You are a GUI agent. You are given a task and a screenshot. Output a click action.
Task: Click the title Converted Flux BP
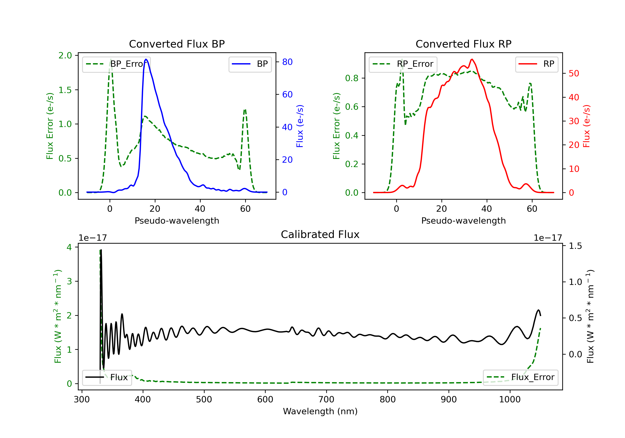point(177,44)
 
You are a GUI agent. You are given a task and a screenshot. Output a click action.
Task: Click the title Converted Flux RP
point(463,44)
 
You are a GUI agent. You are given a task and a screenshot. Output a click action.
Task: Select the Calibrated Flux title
point(320,234)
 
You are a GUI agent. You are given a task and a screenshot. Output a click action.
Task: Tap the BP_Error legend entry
point(116,64)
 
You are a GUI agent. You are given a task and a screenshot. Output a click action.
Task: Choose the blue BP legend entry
point(250,64)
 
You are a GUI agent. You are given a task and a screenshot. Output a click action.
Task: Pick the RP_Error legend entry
point(403,64)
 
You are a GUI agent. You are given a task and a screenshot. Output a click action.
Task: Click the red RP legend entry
point(536,64)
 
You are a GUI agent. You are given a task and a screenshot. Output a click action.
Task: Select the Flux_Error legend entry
point(520,377)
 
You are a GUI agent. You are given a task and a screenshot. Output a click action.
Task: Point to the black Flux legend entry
point(107,377)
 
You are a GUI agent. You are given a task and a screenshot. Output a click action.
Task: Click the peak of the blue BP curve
point(146,59)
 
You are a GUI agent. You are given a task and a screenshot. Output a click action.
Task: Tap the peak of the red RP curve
point(472,59)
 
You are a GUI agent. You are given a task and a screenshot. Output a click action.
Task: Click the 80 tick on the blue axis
point(287,62)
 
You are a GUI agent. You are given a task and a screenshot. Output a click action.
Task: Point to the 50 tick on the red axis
point(574,73)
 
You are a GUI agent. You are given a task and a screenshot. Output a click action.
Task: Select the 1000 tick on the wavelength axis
point(510,400)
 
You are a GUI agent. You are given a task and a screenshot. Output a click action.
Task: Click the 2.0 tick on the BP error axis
point(65,56)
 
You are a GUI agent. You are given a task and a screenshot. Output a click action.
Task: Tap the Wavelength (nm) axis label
point(320,411)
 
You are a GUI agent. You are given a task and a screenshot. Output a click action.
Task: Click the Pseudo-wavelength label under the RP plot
point(463,220)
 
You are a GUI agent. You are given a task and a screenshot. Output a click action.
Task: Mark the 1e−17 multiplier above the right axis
point(548,238)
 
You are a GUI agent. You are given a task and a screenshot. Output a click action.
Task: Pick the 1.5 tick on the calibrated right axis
point(575,246)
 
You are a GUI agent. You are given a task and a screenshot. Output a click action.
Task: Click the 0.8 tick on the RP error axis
point(352,78)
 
